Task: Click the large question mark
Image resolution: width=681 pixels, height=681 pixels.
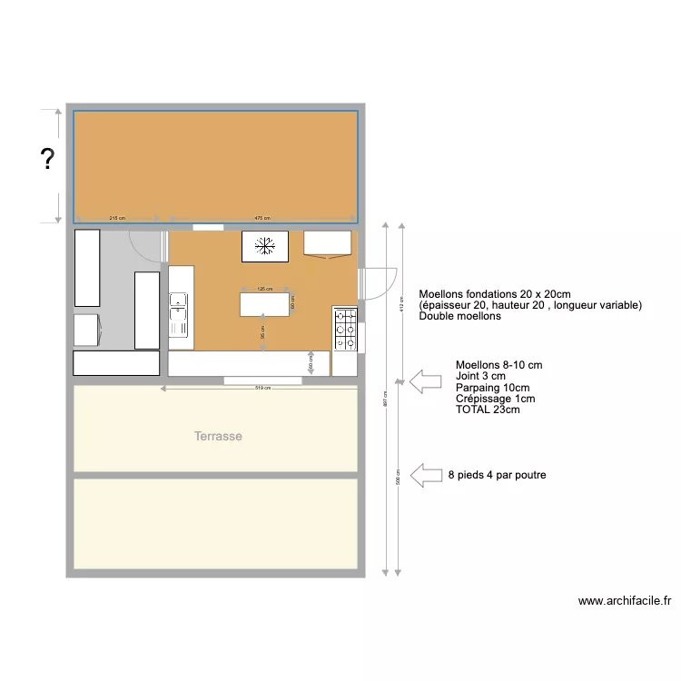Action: click(46, 161)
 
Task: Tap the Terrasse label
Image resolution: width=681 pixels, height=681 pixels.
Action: click(218, 437)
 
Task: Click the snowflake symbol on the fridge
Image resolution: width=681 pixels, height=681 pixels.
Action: click(265, 245)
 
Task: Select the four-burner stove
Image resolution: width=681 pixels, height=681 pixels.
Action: click(346, 330)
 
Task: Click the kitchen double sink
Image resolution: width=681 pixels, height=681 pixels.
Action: click(178, 312)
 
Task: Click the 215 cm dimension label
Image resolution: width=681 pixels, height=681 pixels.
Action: click(117, 219)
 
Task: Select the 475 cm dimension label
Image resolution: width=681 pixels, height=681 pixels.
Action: click(262, 219)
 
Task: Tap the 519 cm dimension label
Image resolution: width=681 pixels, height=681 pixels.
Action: click(263, 389)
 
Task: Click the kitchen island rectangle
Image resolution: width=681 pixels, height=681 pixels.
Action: click(267, 304)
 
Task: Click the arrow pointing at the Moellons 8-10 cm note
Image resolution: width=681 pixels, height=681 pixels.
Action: click(424, 381)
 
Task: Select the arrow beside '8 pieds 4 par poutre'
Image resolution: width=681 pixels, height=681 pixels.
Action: click(424, 475)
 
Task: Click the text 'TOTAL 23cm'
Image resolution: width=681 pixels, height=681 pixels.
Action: click(488, 410)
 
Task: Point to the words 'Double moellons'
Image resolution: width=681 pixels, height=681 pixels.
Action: click(459, 316)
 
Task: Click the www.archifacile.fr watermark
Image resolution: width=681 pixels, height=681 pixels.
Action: click(624, 601)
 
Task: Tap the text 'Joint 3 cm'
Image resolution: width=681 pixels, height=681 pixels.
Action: click(480, 376)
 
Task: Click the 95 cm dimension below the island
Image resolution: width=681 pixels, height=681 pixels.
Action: click(263, 333)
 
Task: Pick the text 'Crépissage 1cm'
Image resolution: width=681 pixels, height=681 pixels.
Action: click(495, 399)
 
